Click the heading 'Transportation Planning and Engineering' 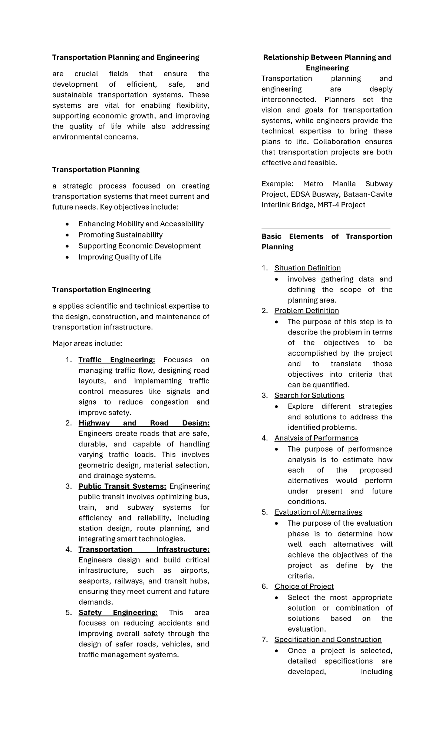tap(125, 57)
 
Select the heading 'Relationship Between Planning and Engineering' tap(327, 63)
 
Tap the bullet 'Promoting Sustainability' tap(121, 235)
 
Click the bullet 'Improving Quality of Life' tap(120, 257)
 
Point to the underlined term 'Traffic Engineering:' tap(117, 360)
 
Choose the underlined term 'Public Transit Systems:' tap(122, 486)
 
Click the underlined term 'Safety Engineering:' tap(118, 613)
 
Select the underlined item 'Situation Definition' tap(307, 268)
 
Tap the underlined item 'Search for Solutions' tap(309, 396)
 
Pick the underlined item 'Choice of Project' tap(304, 586)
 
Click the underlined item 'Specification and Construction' tap(328, 640)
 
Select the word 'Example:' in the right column tap(277, 184)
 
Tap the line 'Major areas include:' tap(87, 344)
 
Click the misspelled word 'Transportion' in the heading tap(369, 237)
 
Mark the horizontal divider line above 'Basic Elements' tap(326, 229)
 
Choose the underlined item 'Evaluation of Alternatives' tap(318, 512)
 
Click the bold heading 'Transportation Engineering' tap(101, 290)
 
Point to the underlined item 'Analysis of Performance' tap(316, 438)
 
